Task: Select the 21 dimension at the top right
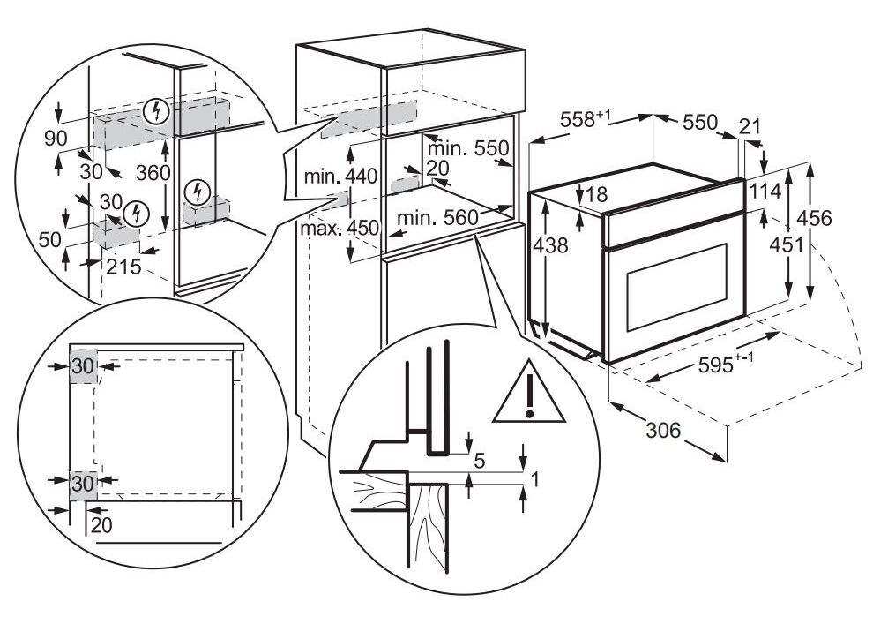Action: click(750, 126)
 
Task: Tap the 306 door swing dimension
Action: click(663, 431)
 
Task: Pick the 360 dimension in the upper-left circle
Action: click(153, 174)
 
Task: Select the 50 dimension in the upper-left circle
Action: click(49, 239)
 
